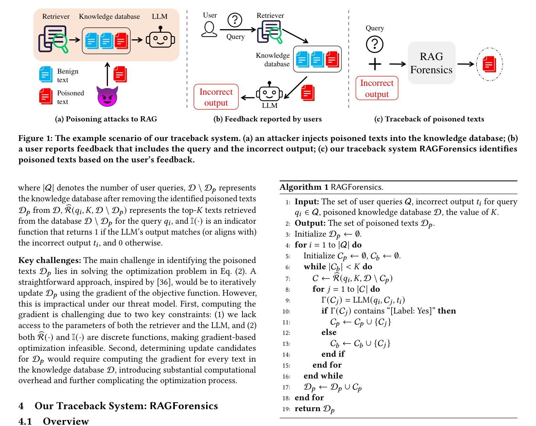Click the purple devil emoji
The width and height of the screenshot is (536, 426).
(x=107, y=96)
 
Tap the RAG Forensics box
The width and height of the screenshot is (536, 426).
(x=431, y=63)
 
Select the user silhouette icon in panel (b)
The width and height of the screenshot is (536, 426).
(x=209, y=29)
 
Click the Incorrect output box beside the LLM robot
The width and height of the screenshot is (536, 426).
(x=216, y=97)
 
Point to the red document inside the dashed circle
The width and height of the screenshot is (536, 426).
(x=489, y=64)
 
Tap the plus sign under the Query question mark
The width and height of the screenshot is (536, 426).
(x=375, y=64)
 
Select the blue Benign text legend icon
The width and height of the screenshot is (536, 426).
(x=46, y=74)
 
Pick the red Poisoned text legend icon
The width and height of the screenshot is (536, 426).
(x=46, y=96)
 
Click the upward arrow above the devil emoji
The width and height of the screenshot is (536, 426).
(x=107, y=74)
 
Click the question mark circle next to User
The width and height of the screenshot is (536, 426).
(x=235, y=20)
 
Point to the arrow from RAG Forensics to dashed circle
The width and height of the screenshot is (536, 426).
(x=465, y=64)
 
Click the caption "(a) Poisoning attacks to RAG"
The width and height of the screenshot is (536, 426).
(x=106, y=119)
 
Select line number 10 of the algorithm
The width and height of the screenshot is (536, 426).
(x=286, y=311)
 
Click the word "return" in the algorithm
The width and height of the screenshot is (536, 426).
(x=307, y=409)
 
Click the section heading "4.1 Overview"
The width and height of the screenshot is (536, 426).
(x=53, y=421)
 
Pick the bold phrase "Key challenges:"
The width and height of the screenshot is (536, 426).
(x=49, y=260)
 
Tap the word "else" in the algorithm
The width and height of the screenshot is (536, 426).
(x=329, y=332)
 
